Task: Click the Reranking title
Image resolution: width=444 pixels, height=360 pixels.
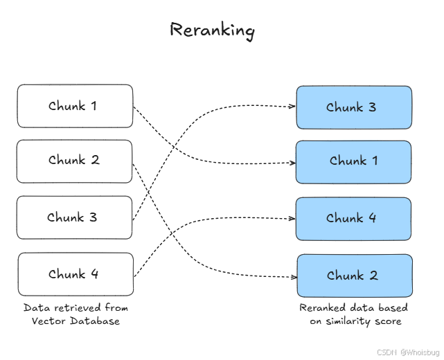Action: click(212, 31)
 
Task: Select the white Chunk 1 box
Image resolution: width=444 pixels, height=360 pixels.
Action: click(75, 106)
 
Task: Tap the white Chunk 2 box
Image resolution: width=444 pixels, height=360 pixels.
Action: click(75, 161)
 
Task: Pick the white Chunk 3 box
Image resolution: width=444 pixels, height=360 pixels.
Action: click(75, 217)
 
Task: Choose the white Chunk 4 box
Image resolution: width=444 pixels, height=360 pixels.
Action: click(76, 274)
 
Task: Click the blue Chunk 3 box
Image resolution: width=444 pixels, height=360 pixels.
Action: click(354, 107)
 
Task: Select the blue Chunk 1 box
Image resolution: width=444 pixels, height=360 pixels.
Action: click(353, 162)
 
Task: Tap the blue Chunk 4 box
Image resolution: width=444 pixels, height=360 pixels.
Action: click(353, 219)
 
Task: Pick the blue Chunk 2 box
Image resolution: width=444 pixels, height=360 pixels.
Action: click(355, 276)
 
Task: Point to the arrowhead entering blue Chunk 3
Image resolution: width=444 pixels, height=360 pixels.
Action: click(292, 107)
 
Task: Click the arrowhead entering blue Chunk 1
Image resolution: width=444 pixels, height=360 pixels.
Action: click(292, 163)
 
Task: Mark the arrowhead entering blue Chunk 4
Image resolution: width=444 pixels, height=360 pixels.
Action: click(292, 219)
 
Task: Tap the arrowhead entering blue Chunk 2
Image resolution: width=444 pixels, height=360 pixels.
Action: click(294, 277)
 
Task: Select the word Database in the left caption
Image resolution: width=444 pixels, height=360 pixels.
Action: click(95, 321)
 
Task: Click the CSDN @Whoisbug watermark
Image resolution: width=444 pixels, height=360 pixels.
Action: click(408, 352)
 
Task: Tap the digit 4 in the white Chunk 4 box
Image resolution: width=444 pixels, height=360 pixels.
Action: click(95, 274)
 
